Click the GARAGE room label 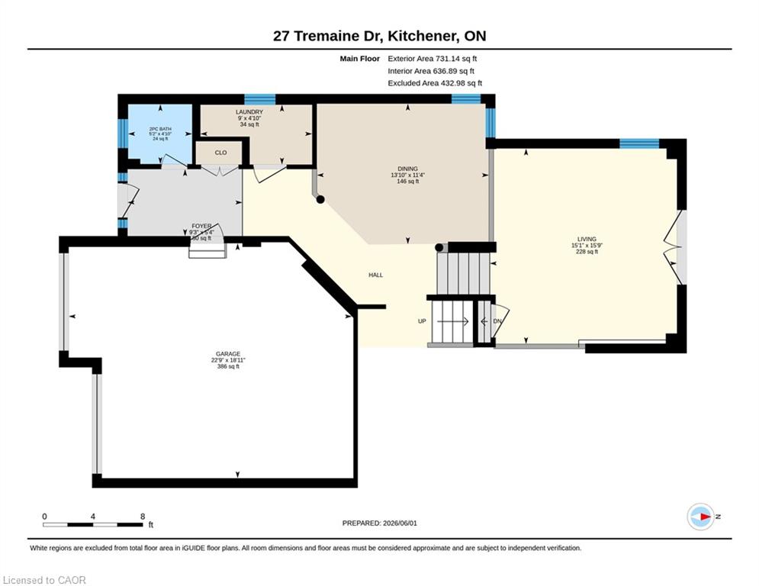(x=228, y=354)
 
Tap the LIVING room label (x=587, y=240)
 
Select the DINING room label (x=407, y=169)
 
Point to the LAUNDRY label (x=249, y=112)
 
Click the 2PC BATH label (x=160, y=129)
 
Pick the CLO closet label (x=220, y=153)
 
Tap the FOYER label (x=201, y=226)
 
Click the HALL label (x=375, y=275)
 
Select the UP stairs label (x=422, y=321)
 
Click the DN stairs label (x=497, y=321)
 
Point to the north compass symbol (x=701, y=517)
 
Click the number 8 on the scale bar (x=143, y=517)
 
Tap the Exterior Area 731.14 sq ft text (x=433, y=59)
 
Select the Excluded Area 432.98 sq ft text (x=435, y=83)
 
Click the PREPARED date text (x=380, y=523)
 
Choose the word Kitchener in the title (x=420, y=37)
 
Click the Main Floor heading (x=359, y=59)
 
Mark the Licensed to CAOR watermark (x=44, y=580)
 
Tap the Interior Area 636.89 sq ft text (x=431, y=71)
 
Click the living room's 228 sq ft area (x=587, y=252)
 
